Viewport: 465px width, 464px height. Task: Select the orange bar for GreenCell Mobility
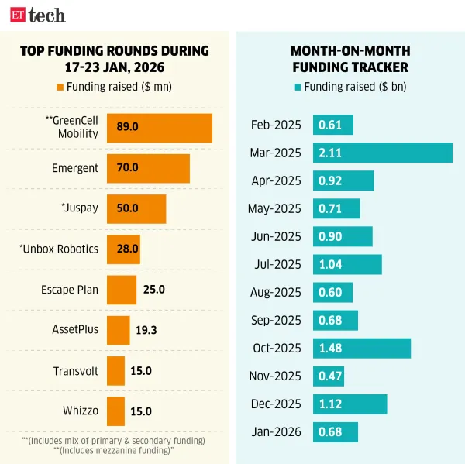point(159,128)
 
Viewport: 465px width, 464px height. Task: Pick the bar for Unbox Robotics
point(123,249)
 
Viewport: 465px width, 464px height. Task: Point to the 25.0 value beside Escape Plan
point(154,290)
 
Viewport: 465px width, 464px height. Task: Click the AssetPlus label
point(76,330)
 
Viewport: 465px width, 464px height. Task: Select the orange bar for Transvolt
point(115,370)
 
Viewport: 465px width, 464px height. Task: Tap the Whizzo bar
point(115,411)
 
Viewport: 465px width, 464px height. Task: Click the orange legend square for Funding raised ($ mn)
point(60,87)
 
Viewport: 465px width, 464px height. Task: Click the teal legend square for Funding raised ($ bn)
point(297,87)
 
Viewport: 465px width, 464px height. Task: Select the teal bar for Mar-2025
point(382,153)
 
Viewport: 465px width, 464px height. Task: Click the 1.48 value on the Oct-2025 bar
point(330,348)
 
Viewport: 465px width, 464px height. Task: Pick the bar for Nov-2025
point(329,376)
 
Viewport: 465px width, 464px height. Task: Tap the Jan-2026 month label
point(277,431)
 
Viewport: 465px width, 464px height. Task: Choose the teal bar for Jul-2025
point(347,264)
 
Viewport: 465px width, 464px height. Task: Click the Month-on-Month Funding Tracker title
point(350,59)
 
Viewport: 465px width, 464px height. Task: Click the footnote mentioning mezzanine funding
point(113,450)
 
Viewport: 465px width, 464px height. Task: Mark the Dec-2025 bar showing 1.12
point(350,404)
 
